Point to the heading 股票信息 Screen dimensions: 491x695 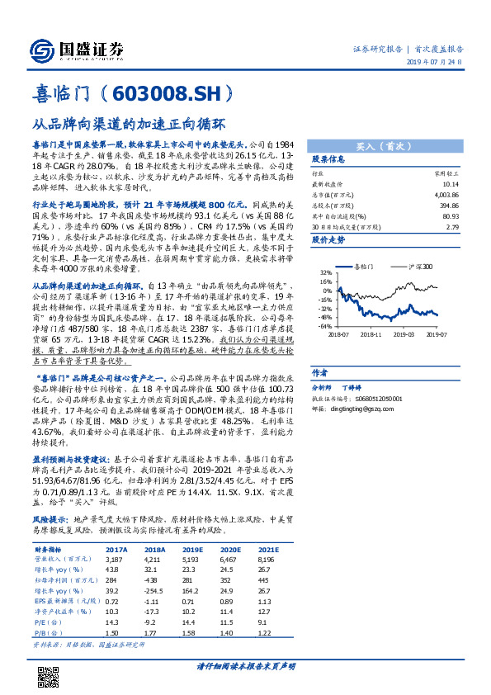(327, 158)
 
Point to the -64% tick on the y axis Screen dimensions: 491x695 (323, 326)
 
